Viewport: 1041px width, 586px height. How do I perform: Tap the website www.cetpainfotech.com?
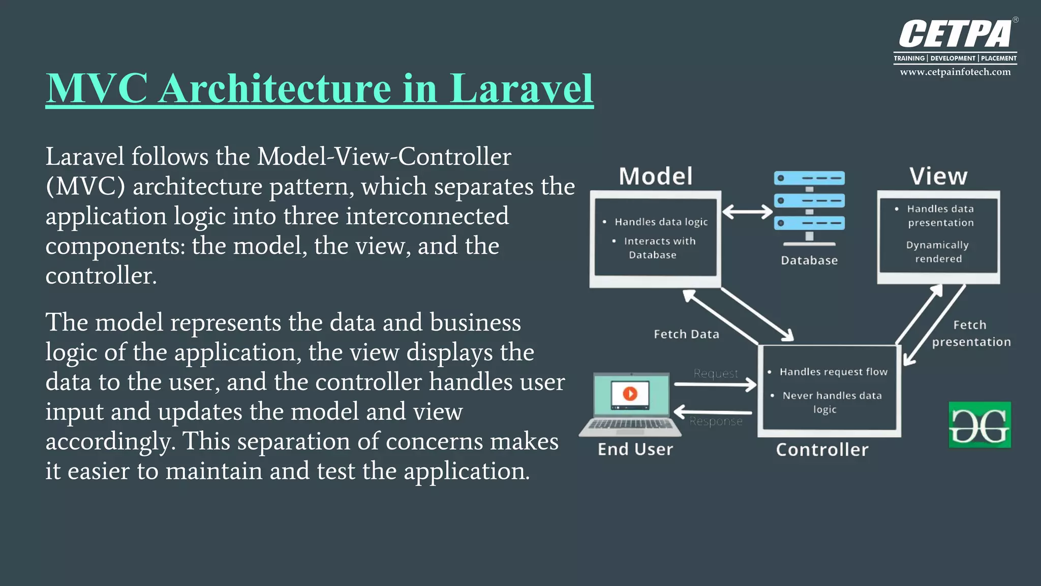(x=955, y=72)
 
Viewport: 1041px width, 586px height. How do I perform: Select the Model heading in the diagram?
(x=655, y=177)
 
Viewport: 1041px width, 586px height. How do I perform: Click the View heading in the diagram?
(x=938, y=177)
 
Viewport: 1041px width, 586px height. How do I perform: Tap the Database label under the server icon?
(x=809, y=260)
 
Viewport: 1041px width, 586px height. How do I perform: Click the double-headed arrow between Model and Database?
(x=747, y=212)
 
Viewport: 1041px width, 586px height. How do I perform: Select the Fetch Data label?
(x=686, y=334)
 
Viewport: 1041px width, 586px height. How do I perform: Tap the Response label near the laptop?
(x=716, y=422)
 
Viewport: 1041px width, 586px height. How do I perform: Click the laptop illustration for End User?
(x=631, y=405)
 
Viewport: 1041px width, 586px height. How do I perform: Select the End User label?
(x=635, y=450)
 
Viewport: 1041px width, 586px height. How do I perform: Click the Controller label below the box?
(x=822, y=450)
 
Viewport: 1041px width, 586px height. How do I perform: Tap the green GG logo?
(x=979, y=425)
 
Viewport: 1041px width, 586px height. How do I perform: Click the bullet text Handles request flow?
(x=833, y=372)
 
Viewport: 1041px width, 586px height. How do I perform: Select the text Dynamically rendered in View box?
(x=938, y=252)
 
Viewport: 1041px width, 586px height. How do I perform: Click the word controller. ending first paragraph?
(x=101, y=276)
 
